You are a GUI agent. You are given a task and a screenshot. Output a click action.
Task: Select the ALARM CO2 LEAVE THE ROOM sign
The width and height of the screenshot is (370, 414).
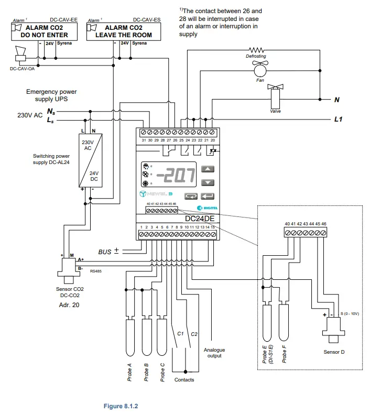click(123, 31)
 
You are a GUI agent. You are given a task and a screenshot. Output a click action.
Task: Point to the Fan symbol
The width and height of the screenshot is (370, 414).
click(260, 69)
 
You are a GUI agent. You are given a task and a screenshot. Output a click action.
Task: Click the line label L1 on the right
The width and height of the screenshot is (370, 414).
click(338, 119)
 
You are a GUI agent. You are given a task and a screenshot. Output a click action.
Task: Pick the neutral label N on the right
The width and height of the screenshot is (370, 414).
click(337, 99)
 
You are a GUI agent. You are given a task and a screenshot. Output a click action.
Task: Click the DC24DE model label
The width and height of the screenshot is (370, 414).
click(200, 218)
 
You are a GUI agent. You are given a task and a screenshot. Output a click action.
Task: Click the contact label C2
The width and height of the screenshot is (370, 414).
click(194, 334)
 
